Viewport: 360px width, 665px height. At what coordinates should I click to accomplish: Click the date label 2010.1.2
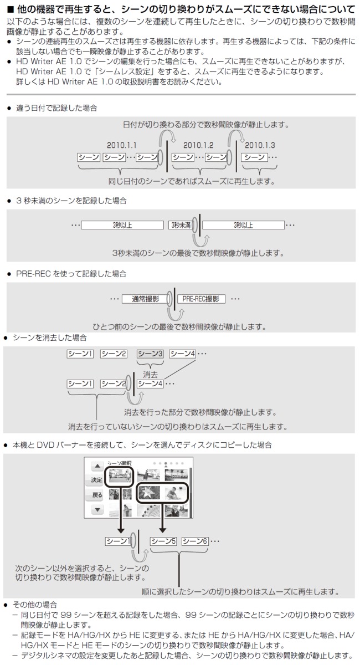198,145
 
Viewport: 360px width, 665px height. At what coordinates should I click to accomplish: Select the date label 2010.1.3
260,145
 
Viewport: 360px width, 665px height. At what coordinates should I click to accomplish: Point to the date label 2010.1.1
122,145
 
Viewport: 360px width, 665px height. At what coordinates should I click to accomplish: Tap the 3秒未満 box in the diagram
180,225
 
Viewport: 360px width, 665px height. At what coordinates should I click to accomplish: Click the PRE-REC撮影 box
200,299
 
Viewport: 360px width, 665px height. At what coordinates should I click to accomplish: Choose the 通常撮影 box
145,299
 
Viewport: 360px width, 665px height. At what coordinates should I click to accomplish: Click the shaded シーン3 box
150,354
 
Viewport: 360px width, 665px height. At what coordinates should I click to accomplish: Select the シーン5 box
163,541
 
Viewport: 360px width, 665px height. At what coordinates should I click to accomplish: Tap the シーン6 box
194,541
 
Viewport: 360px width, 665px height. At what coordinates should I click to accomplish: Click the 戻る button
97,494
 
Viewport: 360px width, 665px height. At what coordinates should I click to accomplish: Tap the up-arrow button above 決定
97,467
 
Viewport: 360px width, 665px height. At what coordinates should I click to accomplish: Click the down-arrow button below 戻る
97,509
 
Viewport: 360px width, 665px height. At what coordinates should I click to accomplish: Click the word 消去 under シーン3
150,374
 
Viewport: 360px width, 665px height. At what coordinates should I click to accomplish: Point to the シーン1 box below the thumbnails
117,541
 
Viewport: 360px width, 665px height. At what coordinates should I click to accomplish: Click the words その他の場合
34,604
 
